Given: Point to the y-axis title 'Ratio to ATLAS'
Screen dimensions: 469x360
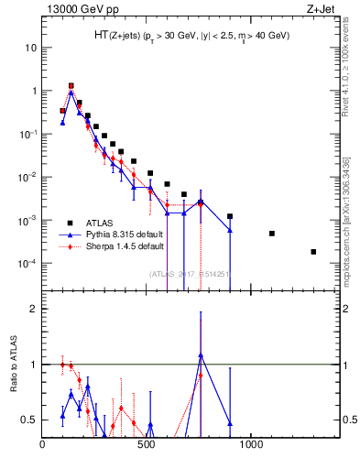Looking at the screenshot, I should coord(12,365).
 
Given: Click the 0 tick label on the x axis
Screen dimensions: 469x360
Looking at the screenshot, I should coord(43,446).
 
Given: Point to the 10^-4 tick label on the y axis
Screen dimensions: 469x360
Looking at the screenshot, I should coord(27,264).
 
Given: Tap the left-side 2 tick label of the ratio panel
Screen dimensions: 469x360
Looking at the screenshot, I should coord(33,309).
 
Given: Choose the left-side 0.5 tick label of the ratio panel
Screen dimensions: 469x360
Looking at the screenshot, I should coord(29,420).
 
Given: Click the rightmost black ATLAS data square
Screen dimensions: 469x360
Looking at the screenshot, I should coord(313,252).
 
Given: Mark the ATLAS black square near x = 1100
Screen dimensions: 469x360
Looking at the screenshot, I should coord(272,234).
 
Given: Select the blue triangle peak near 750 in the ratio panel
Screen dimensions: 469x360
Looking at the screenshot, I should coord(201,354).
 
